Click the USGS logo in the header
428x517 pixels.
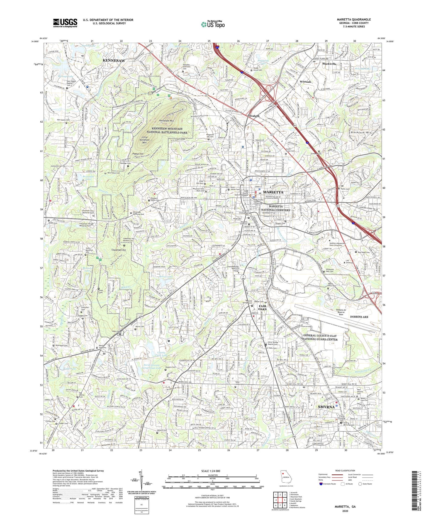(65, 23)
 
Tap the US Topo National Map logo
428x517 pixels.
(213, 24)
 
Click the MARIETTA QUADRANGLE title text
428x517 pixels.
(354, 20)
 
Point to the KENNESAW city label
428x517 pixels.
(114, 60)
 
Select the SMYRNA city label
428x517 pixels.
(326, 407)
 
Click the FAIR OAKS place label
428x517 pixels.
(262, 307)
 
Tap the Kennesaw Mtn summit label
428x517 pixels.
(168, 121)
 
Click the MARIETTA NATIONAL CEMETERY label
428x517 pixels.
(279, 208)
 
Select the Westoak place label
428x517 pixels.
(305, 81)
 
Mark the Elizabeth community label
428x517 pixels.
(254, 116)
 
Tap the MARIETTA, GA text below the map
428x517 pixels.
(345, 507)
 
